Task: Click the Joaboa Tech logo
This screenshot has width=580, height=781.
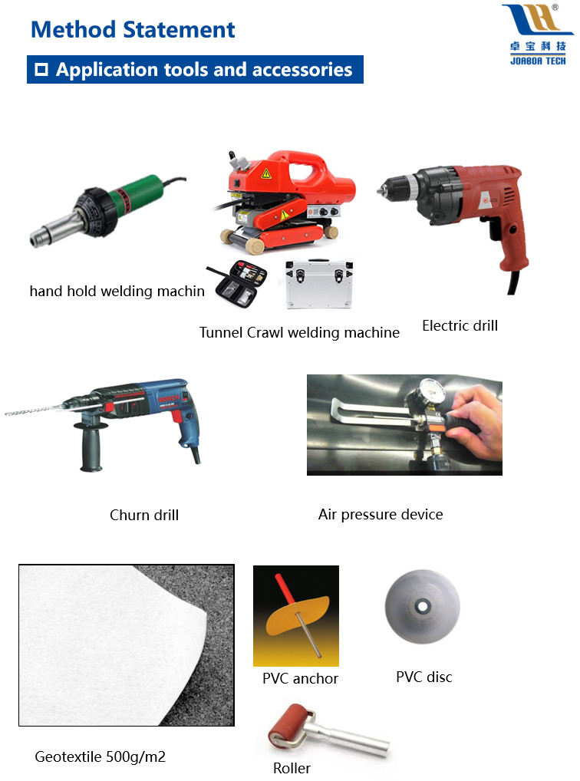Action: tap(538, 35)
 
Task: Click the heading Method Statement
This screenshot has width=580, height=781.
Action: tap(133, 29)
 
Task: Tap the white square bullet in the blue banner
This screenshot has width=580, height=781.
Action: tap(41, 69)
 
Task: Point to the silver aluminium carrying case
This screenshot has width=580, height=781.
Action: tap(319, 283)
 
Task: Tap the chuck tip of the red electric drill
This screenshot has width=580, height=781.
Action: tap(381, 189)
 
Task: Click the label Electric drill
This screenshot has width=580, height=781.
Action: tap(460, 326)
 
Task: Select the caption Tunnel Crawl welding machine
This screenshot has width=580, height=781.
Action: tap(299, 333)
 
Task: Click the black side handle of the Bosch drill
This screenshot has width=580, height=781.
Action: tap(91, 446)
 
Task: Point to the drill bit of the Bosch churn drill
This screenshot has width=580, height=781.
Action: tap(34, 410)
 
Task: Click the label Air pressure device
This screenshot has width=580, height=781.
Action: tap(381, 514)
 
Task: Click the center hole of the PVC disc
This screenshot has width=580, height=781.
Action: tap(423, 606)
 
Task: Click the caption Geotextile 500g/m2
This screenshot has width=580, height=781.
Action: tap(101, 757)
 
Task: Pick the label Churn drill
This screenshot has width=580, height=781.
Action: tap(144, 515)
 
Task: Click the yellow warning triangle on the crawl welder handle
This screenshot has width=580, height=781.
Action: tap(266, 173)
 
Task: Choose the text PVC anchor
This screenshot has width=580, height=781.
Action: tap(300, 678)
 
